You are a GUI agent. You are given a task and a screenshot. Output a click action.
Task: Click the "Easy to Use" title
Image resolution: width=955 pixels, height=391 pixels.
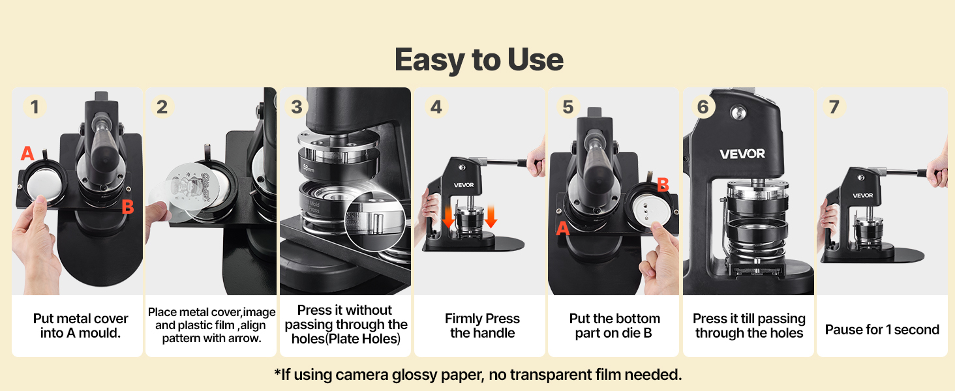(x=479, y=59)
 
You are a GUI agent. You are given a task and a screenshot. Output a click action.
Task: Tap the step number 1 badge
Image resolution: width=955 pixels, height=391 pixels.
(x=35, y=106)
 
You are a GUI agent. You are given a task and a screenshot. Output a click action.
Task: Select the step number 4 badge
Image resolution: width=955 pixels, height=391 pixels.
(x=436, y=106)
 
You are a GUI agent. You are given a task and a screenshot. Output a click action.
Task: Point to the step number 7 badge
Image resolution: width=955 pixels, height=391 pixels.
(x=834, y=106)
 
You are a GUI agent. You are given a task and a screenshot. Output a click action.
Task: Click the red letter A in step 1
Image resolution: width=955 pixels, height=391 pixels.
(x=27, y=153)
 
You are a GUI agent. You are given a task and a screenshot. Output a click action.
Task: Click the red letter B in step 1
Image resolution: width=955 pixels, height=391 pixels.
(x=127, y=207)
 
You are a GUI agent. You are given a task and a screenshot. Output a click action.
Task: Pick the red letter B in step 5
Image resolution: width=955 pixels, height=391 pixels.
(x=663, y=185)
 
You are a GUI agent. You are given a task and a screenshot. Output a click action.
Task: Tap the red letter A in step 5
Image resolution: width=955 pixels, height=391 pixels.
(x=563, y=228)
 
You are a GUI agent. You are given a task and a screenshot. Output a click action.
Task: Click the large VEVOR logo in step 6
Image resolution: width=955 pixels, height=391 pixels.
(x=742, y=154)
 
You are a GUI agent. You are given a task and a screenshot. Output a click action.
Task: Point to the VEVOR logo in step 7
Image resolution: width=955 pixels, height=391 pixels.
(x=863, y=195)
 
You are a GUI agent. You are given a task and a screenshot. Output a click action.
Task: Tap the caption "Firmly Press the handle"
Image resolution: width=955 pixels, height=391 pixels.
(x=482, y=326)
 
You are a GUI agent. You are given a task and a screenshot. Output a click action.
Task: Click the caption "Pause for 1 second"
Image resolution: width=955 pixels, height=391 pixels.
(x=882, y=330)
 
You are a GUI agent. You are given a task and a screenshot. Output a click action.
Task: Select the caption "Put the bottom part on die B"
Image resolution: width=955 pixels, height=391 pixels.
(x=614, y=326)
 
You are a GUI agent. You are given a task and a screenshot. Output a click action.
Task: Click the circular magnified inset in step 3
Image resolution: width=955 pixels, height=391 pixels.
(x=375, y=222)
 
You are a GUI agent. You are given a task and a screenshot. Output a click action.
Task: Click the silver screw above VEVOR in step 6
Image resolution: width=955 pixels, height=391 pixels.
(x=738, y=113)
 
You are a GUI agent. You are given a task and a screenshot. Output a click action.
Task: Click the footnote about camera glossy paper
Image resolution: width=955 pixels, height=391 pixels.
(x=478, y=375)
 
